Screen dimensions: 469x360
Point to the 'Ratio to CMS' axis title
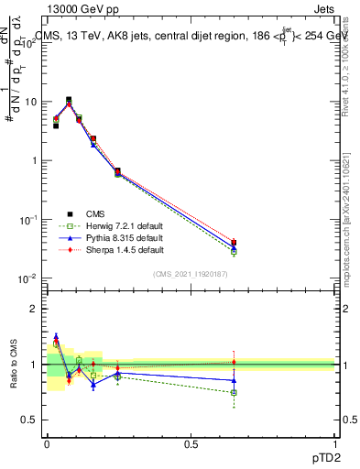coord(14,365)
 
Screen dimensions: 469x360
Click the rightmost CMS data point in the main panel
coord(234,243)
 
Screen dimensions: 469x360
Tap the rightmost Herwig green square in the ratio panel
coord(234,392)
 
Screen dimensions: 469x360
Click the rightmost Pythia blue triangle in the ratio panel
coord(234,380)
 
